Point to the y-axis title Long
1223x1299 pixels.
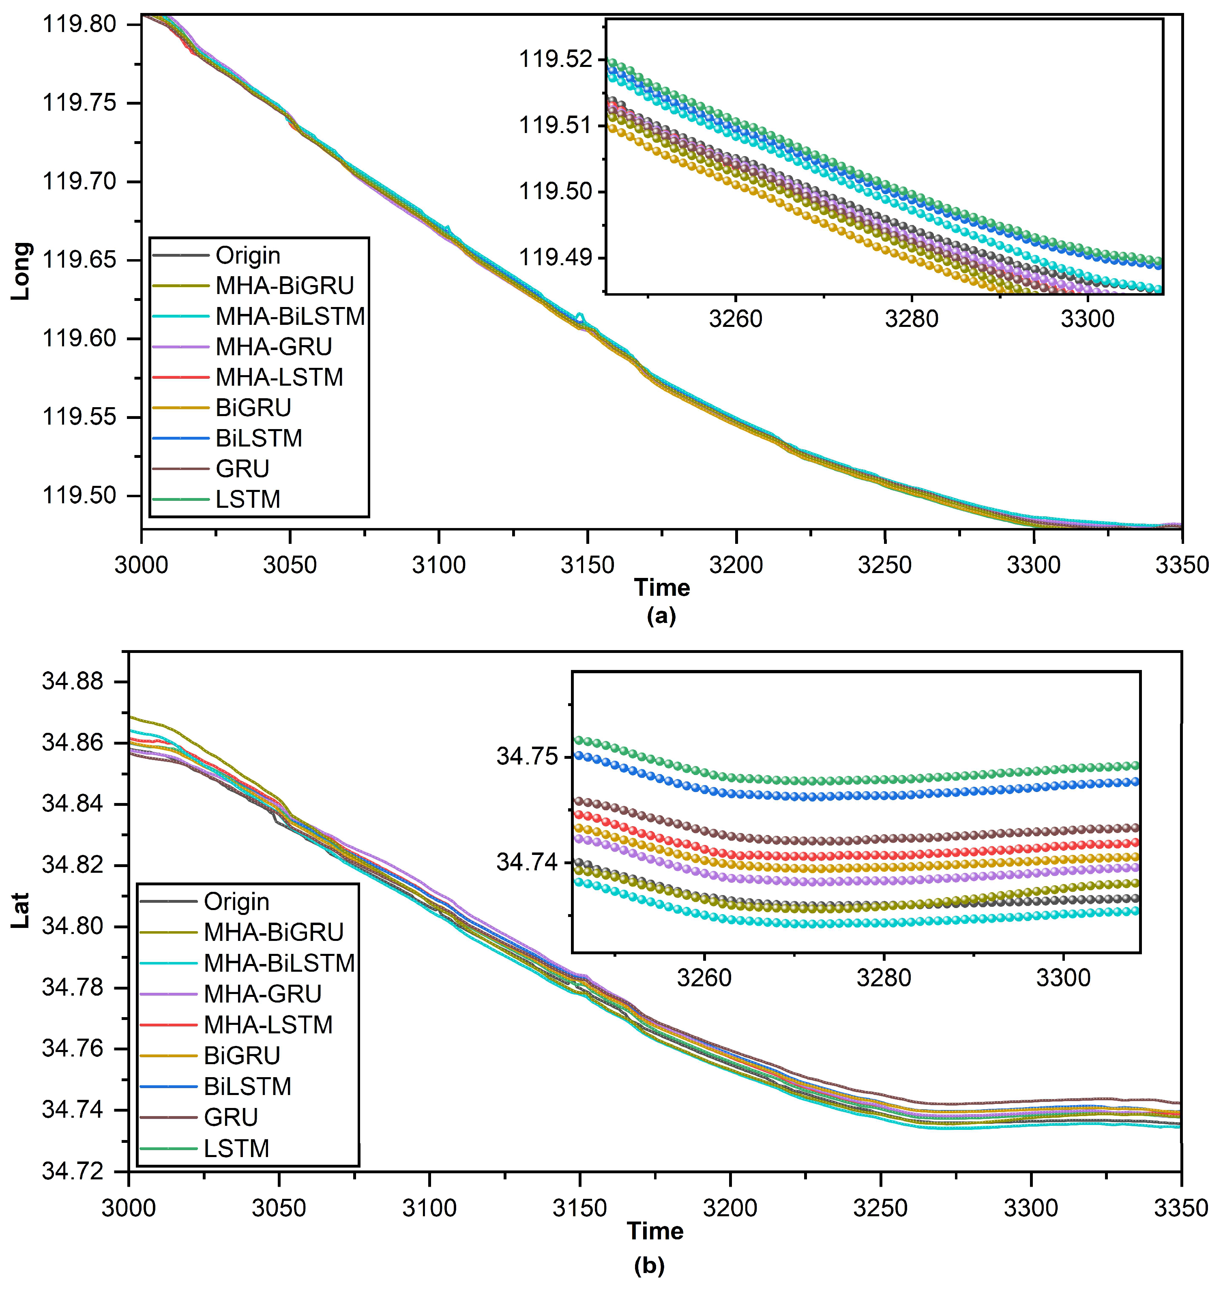coord(21,271)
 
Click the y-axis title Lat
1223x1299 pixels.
coord(21,910)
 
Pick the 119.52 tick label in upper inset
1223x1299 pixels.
coord(555,60)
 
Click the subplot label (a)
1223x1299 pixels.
coord(661,616)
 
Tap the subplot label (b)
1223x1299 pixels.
coord(649,1266)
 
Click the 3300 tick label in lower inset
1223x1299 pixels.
coord(1064,977)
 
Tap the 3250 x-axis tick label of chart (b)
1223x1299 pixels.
coord(880,1208)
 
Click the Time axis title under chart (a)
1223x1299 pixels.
coord(661,587)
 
